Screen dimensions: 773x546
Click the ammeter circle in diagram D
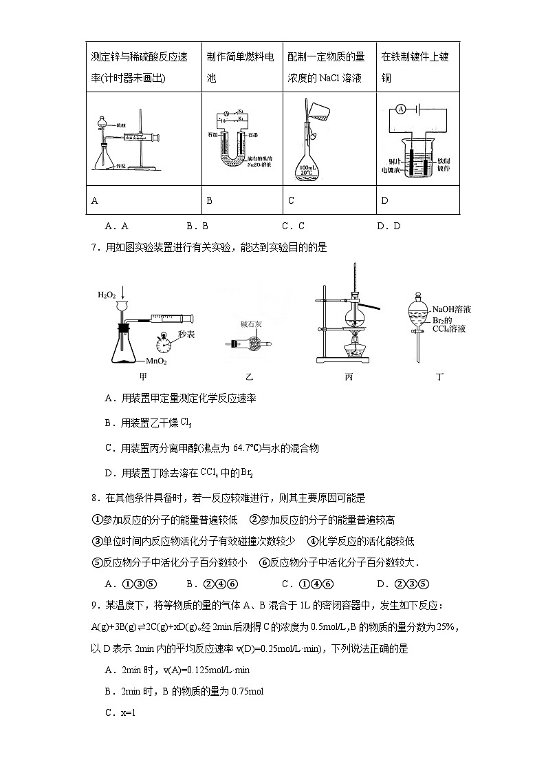(399, 109)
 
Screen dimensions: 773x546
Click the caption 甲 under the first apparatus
(143, 377)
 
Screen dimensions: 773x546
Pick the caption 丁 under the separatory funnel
(440, 377)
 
